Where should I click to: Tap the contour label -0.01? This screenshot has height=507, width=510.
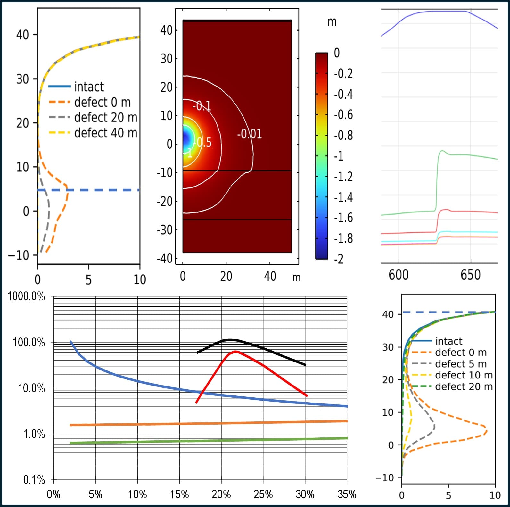pos(249,134)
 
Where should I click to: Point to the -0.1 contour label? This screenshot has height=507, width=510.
pos(202,105)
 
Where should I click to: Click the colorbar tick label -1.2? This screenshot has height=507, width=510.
pos(343,177)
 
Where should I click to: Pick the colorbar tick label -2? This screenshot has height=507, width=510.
pos(339,259)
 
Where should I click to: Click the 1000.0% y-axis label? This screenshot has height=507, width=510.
pos(26,296)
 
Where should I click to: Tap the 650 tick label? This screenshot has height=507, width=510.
pos(471,275)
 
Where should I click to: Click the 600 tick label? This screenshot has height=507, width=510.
pos(399,275)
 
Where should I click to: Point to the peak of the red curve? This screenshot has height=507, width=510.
pos(236,352)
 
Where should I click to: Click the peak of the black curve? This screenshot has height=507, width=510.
pos(229,339)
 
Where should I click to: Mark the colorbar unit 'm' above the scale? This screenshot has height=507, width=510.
pos(332,22)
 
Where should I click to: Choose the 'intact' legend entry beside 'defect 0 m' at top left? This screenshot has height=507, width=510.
pos(89,87)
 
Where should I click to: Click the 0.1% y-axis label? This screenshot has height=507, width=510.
pos(34,480)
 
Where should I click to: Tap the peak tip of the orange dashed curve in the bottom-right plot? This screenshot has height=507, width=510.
pos(487,431)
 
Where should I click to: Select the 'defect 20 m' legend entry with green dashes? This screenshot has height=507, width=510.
pos(464,387)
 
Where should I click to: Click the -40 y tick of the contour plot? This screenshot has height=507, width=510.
pos(165,258)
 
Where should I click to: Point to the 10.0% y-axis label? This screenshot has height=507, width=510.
pos(31,388)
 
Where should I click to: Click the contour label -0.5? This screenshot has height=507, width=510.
pos(204,143)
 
